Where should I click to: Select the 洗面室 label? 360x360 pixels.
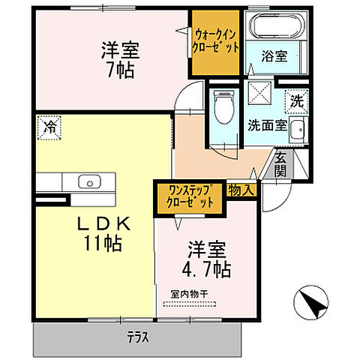click(x=268, y=125)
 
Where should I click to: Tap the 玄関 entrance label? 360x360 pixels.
click(x=280, y=163)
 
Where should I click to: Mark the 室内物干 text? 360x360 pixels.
click(x=187, y=295)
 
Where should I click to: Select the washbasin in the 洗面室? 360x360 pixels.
click(x=298, y=128)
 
